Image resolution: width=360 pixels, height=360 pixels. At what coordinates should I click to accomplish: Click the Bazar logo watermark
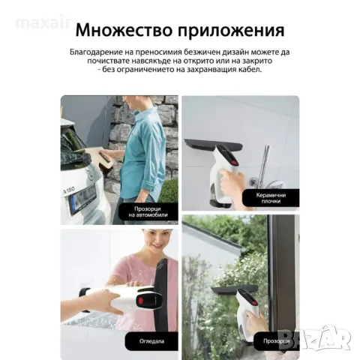(x=331, y=341)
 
